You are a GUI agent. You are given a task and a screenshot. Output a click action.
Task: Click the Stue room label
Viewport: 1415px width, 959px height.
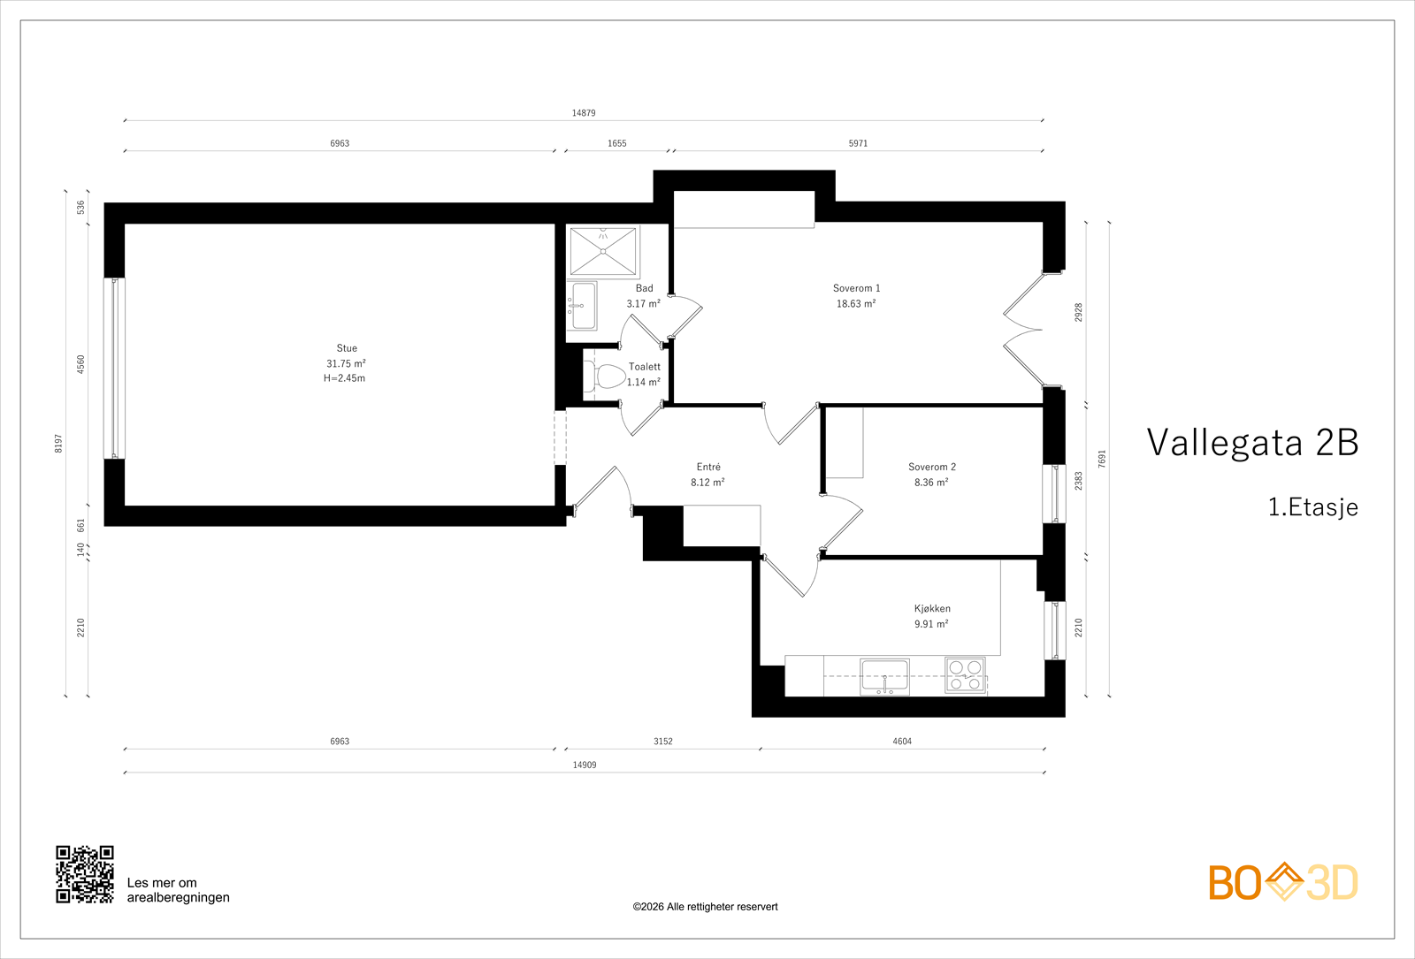click(347, 348)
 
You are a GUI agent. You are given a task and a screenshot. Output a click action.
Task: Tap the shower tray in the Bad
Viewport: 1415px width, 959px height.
click(603, 251)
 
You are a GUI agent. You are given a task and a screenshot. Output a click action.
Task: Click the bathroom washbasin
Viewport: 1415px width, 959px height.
click(582, 306)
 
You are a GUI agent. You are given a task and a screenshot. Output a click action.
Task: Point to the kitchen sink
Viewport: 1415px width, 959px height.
click(884, 677)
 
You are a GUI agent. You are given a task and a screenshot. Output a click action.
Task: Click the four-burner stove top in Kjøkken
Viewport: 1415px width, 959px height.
click(965, 675)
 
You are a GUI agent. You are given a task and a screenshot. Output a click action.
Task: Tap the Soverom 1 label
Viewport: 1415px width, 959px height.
click(856, 288)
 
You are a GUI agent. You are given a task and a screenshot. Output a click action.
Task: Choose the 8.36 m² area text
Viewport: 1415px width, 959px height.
click(931, 483)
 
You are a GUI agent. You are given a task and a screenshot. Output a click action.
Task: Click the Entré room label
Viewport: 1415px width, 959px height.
click(708, 467)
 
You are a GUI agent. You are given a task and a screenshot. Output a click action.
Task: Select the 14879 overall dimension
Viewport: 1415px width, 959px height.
click(584, 113)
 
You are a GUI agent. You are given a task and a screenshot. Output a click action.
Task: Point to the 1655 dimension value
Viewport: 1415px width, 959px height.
click(617, 143)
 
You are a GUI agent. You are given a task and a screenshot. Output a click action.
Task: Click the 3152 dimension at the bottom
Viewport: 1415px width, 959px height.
click(662, 742)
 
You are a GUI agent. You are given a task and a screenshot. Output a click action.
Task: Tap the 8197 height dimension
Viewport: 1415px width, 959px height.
click(58, 443)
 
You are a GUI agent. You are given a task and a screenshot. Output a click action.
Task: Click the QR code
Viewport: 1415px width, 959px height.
click(85, 874)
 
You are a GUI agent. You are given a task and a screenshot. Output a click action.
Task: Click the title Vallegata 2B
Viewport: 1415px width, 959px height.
click(1252, 442)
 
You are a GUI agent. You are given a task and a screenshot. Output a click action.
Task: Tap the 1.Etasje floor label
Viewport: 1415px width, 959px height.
click(1313, 507)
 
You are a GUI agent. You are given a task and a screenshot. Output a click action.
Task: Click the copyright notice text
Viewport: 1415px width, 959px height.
click(705, 907)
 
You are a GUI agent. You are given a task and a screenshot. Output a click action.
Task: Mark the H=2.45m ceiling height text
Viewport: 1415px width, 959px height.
click(344, 378)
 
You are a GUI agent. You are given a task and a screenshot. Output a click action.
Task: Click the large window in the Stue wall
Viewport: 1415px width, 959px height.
click(114, 368)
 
